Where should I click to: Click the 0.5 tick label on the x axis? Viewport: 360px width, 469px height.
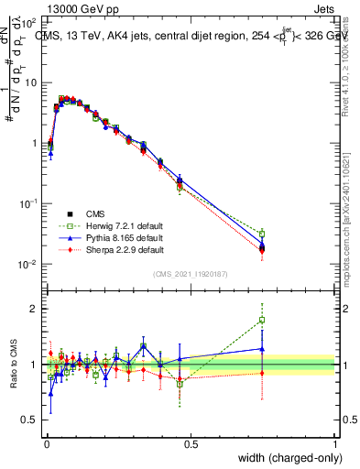(x=191, y=443)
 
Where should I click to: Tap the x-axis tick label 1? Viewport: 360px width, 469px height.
(x=335, y=443)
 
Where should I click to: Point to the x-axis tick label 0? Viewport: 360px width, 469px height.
(x=46, y=443)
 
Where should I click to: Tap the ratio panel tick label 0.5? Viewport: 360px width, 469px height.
(x=31, y=420)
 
